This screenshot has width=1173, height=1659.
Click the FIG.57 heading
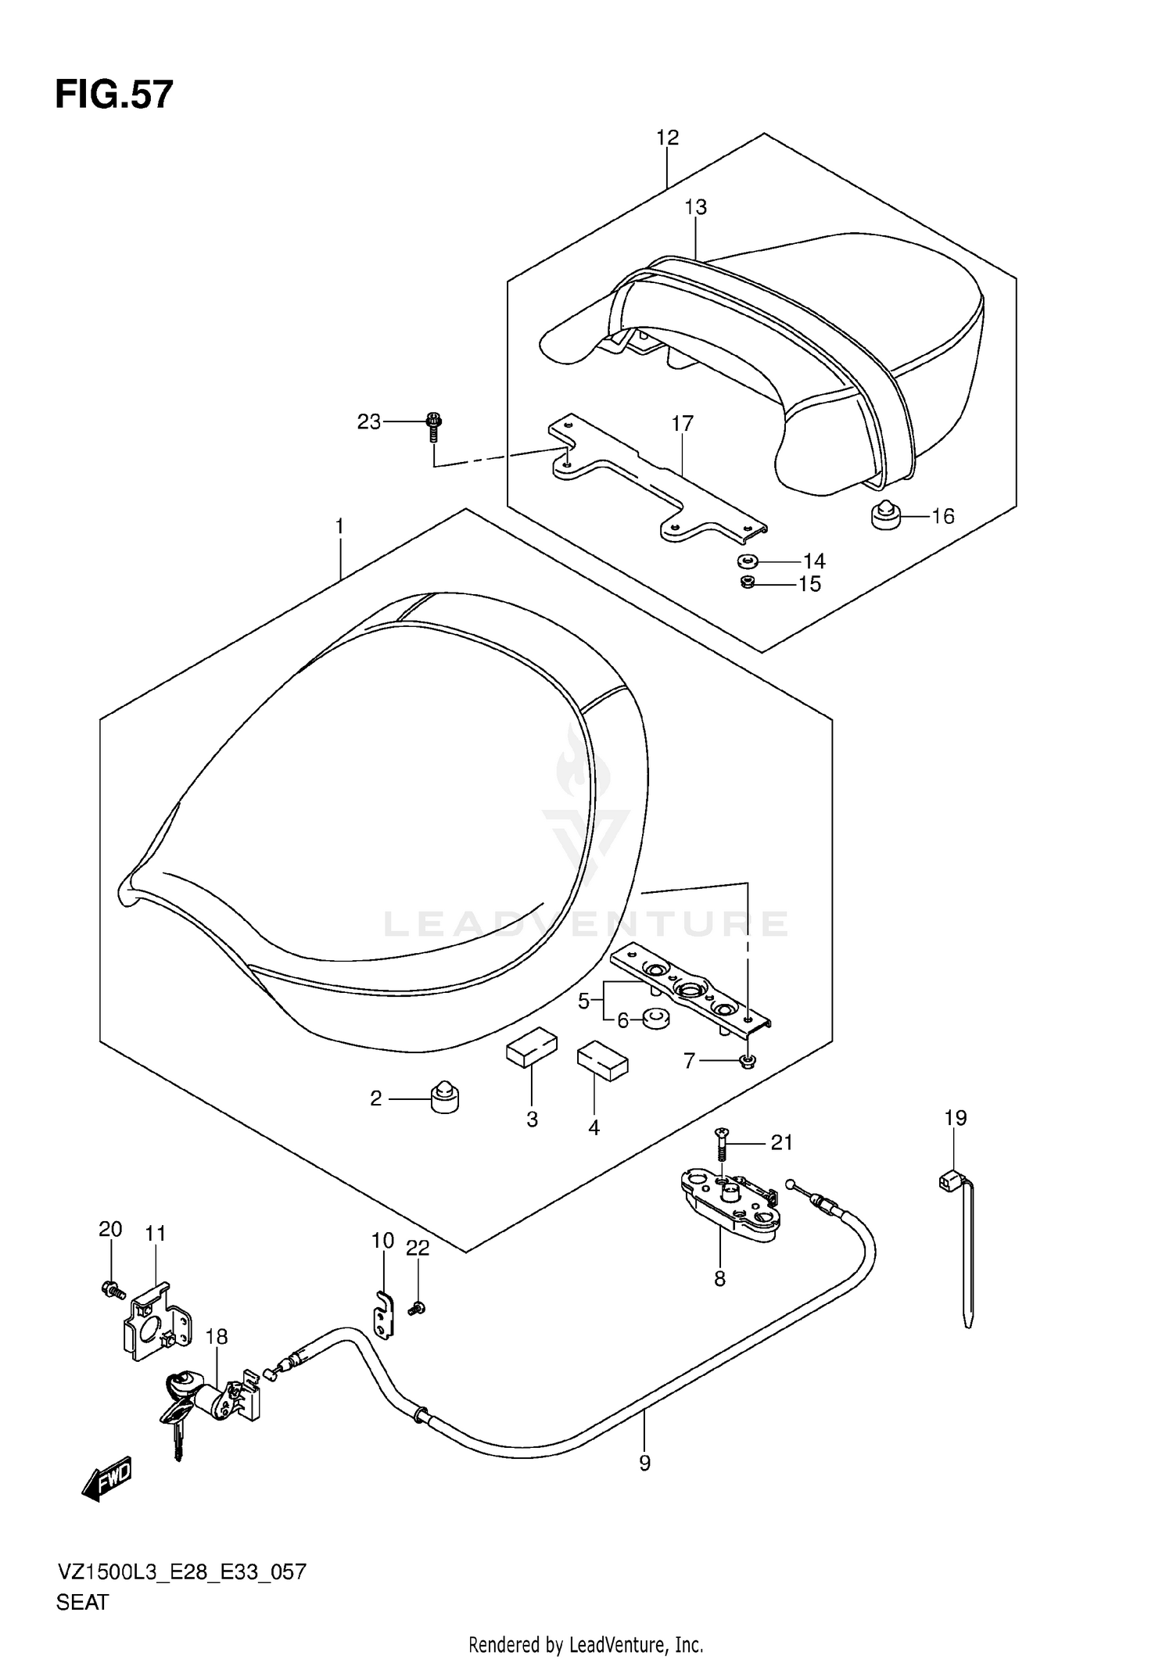(x=114, y=95)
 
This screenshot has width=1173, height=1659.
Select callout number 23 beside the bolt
(x=368, y=422)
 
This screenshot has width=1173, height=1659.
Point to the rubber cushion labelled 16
(x=885, y=514)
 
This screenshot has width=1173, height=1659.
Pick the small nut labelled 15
(x=748, y=582)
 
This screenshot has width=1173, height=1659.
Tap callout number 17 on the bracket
(x=682, y=424)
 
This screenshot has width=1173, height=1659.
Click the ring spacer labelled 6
(x=655, y=1019)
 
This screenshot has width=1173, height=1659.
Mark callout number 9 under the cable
(x=644, y=1463)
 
